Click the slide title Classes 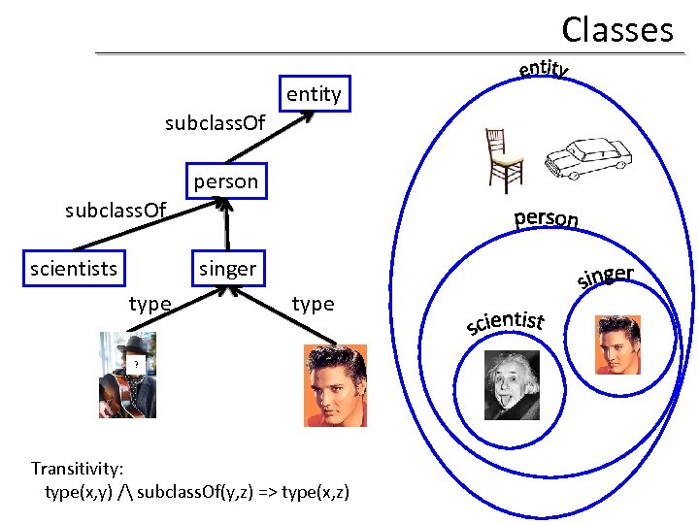pos(616,29)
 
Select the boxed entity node pos(314,94)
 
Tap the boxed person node pos(225,181)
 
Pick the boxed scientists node pos(74,268)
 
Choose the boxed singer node pos(227,268)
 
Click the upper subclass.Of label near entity pos(215,124)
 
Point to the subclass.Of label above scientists pos(116,210)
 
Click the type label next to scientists pos(150,304)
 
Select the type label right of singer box pos(313,304)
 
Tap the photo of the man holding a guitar pos(126,375)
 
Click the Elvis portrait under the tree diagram pos(335,385)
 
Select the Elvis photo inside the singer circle pos(616,344)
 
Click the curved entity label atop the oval pos(544,68)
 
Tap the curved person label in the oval pos(547,217)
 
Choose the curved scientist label pos(505,319)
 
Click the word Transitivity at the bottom pos(76,468)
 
